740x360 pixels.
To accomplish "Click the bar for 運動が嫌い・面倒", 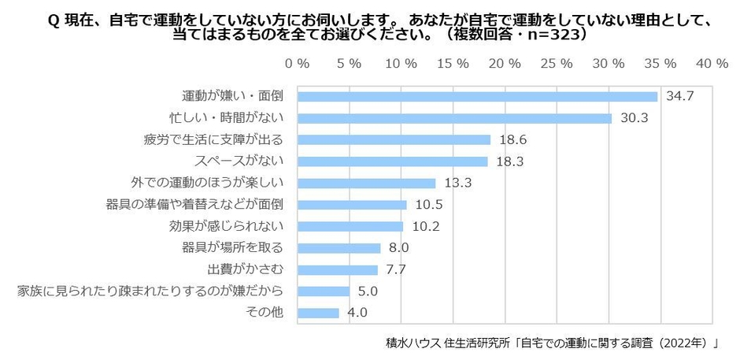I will (x=477, y=97).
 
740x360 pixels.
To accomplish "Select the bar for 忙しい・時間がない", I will (x=454, y=118).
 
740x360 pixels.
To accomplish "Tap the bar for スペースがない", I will (x=392, y=161).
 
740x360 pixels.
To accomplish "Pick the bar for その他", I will (x=318, y=313).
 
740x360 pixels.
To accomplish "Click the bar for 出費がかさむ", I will (x=337, y=269).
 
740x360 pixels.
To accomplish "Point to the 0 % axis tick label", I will (x=298, y=62).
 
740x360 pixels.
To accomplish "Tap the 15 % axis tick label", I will (x=453, y=62).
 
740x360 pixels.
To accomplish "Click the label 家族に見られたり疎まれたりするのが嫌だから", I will (x=150, y=291).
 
